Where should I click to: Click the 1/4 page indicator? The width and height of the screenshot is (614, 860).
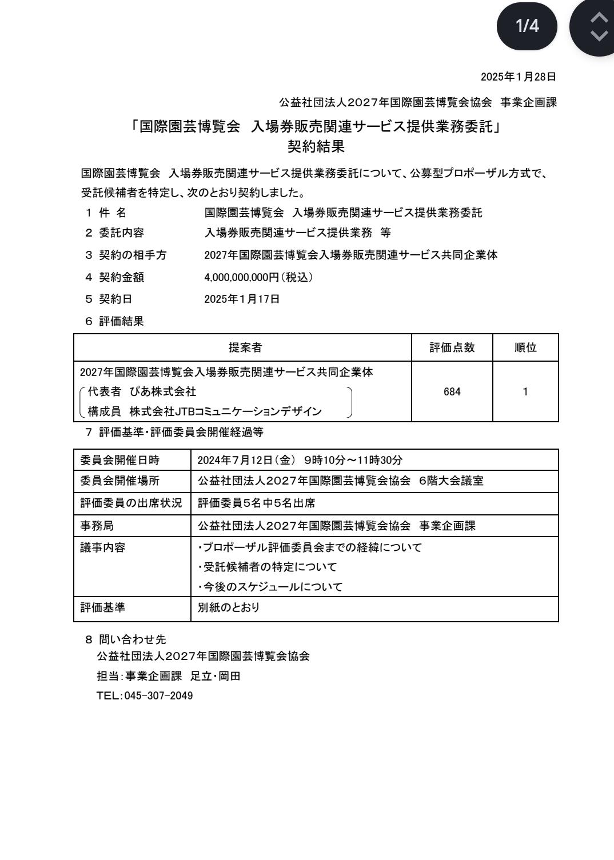click(527, 26)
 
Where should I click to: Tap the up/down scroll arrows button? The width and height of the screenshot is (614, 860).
click(597, 27)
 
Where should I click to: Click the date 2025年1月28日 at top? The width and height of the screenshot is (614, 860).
click(518, 77)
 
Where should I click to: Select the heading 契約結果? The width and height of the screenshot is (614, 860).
click(316, 147)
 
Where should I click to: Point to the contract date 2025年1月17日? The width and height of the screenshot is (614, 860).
click(242, 299)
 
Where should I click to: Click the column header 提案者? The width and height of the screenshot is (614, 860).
click(245, 347)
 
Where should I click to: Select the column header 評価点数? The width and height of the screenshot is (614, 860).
click(452, 347)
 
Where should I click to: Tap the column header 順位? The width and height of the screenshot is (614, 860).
click(525, 347)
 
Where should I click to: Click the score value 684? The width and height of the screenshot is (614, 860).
click(452, 392)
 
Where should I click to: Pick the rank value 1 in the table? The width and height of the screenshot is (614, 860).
click(525, 392)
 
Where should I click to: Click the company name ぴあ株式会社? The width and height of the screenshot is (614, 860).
click(163, 391)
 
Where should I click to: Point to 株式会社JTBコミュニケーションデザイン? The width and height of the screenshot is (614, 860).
click(225, 411)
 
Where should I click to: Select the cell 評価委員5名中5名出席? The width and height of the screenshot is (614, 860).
click(256, 503)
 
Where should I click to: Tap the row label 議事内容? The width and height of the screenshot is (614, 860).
click(102, 547)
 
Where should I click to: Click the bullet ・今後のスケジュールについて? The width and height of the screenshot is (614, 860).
click(270, 587)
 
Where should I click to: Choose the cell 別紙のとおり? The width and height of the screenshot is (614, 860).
click(228, 608)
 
